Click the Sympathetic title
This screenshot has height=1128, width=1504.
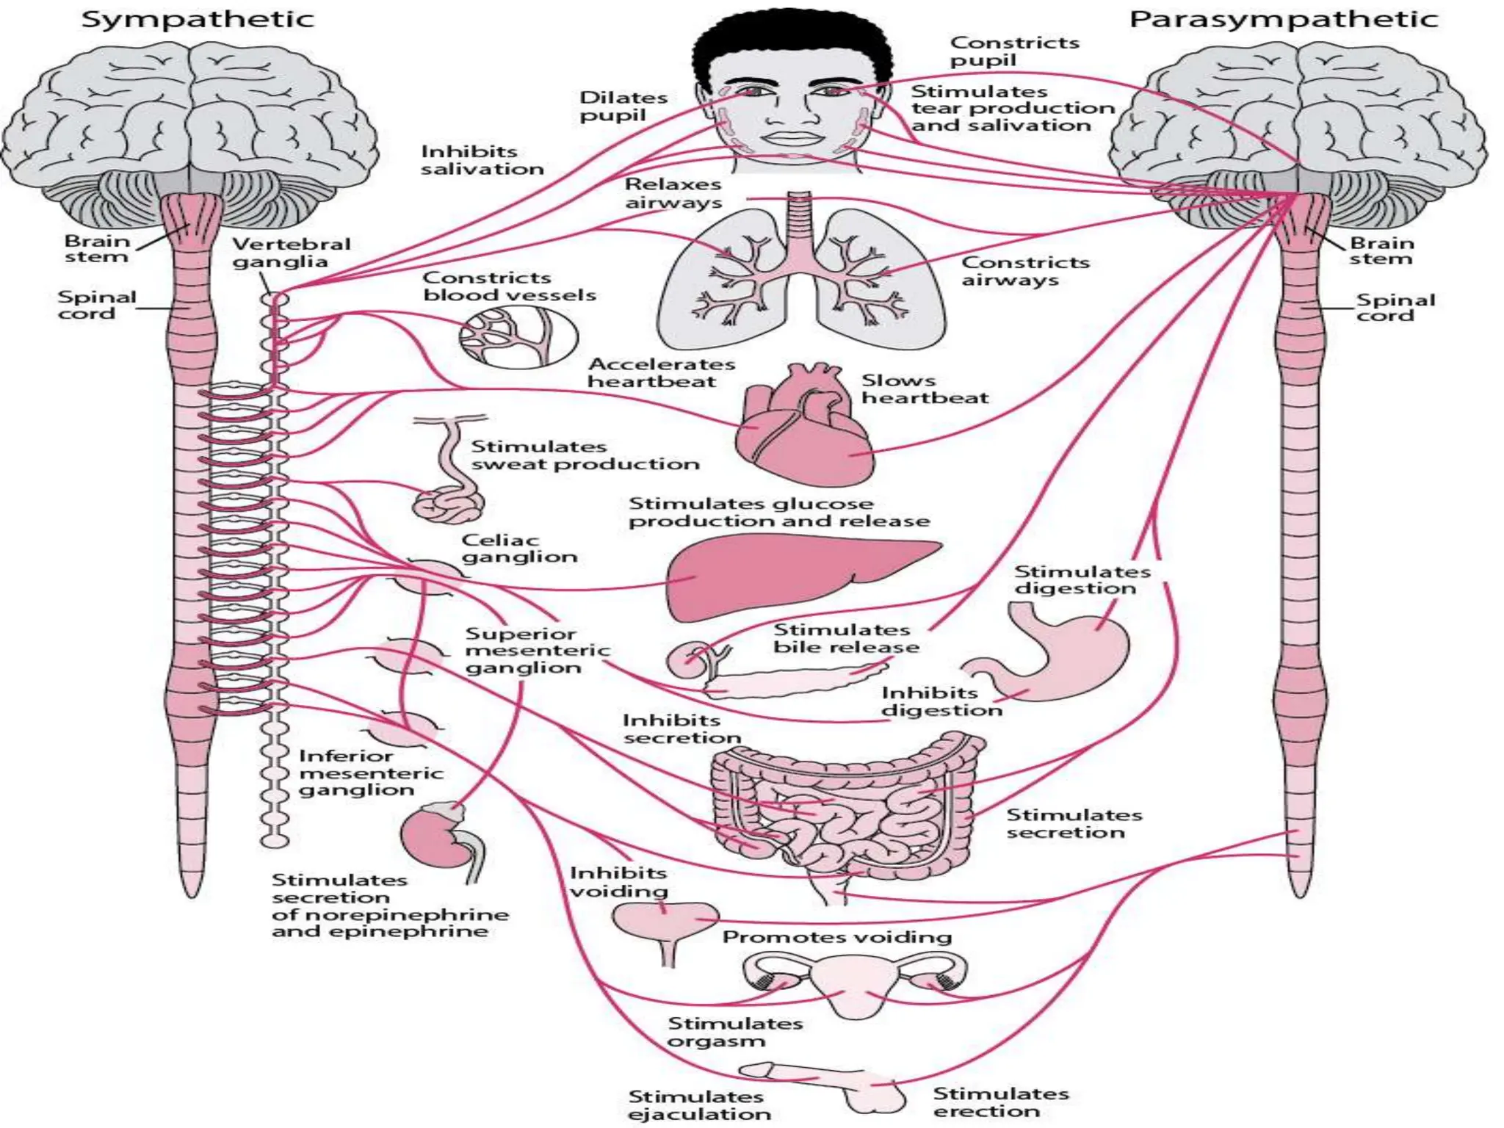point(197,19)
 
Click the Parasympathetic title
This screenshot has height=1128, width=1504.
point(1283,19)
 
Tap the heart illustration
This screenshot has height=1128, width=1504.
point(804,430)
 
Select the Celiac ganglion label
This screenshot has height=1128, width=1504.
point(519,549)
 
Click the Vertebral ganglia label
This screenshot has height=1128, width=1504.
point(291,253)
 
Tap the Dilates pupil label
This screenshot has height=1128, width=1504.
point(623,106)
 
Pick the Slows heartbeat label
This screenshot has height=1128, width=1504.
point(924,389)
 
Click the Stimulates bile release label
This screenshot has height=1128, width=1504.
point(845,638)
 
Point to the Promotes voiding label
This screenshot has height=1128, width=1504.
point(836,937)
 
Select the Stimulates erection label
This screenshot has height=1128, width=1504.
point(1000,1102)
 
